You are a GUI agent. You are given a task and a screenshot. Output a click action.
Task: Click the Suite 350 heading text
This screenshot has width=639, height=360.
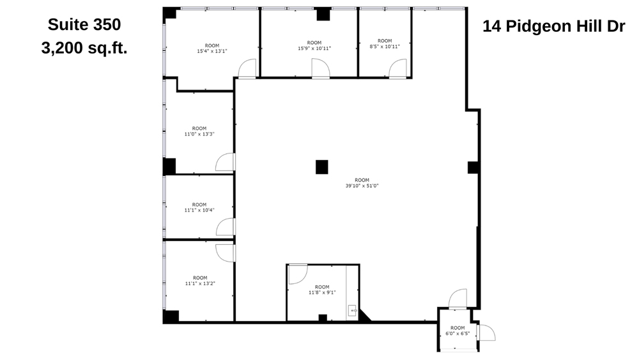84,24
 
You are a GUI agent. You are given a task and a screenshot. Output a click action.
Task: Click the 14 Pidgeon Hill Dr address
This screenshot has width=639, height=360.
553,26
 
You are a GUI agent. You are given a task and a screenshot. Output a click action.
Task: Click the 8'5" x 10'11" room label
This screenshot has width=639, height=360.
385,44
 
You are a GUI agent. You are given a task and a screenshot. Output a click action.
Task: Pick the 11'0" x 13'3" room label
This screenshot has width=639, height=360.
199,131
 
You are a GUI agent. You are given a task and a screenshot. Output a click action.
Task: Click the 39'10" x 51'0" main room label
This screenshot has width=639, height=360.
362,183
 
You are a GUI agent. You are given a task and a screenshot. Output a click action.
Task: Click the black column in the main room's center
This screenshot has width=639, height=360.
322,167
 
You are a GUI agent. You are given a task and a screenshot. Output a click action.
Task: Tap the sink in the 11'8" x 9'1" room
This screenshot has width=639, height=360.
353,310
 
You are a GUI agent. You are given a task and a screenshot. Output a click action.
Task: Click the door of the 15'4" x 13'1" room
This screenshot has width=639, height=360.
247,68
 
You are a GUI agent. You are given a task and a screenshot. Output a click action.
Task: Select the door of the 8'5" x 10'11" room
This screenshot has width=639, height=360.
397,68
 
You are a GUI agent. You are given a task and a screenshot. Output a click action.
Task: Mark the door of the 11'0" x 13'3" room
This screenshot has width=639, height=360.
226,163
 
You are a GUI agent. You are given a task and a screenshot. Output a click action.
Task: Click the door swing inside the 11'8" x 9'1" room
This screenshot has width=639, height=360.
297,274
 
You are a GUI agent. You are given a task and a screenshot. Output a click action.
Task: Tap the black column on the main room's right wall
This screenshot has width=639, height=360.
473,168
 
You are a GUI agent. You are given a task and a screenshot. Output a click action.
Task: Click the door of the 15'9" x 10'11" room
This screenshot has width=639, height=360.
320,68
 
